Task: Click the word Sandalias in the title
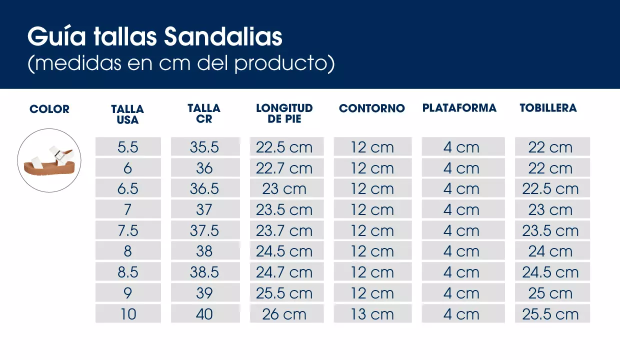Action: click(223, 37)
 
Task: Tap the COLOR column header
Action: click(49, 109)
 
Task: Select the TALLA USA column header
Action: click(127, 114)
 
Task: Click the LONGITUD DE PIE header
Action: click(284, 113)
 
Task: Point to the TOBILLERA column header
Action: click(548, 108)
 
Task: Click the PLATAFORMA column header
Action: click(459, 108)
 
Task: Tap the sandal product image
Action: click(49, 160)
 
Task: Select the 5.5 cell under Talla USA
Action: click(128, 147)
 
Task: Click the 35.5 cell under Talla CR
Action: click(204, 147)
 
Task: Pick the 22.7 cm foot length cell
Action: click(284, 168)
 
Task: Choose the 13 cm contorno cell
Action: click(372, 314)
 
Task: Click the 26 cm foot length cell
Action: click(284, 314)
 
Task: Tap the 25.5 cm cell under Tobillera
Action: click(550, 314)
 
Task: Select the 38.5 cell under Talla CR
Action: click(204, 272)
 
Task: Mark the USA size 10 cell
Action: click(128, 314)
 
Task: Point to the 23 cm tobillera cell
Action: click(550, 210)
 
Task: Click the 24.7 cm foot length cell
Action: click(284, 272)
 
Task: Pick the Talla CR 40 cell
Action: click(204, 314)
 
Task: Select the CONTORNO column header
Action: click(371, 108)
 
